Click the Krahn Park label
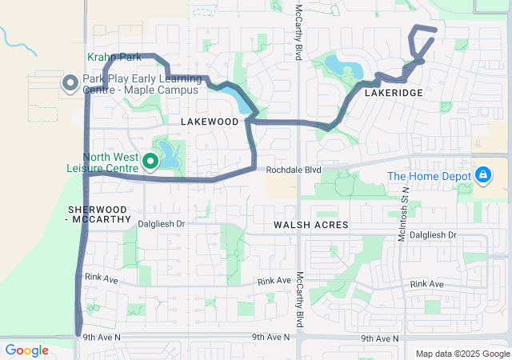point(114,58)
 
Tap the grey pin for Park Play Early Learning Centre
point(69,82)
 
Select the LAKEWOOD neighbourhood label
point(210,121)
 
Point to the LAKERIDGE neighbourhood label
point(392,94)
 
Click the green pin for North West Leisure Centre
point(150,163)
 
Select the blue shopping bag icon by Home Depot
point(482,174)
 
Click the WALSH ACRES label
point(311,226)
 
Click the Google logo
point(26,350)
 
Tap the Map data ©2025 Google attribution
point(462,354)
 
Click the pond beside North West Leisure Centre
point(166,150)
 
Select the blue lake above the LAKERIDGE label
point(342,64)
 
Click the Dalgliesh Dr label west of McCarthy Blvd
point(160,225)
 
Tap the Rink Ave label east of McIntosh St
point(426,284)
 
